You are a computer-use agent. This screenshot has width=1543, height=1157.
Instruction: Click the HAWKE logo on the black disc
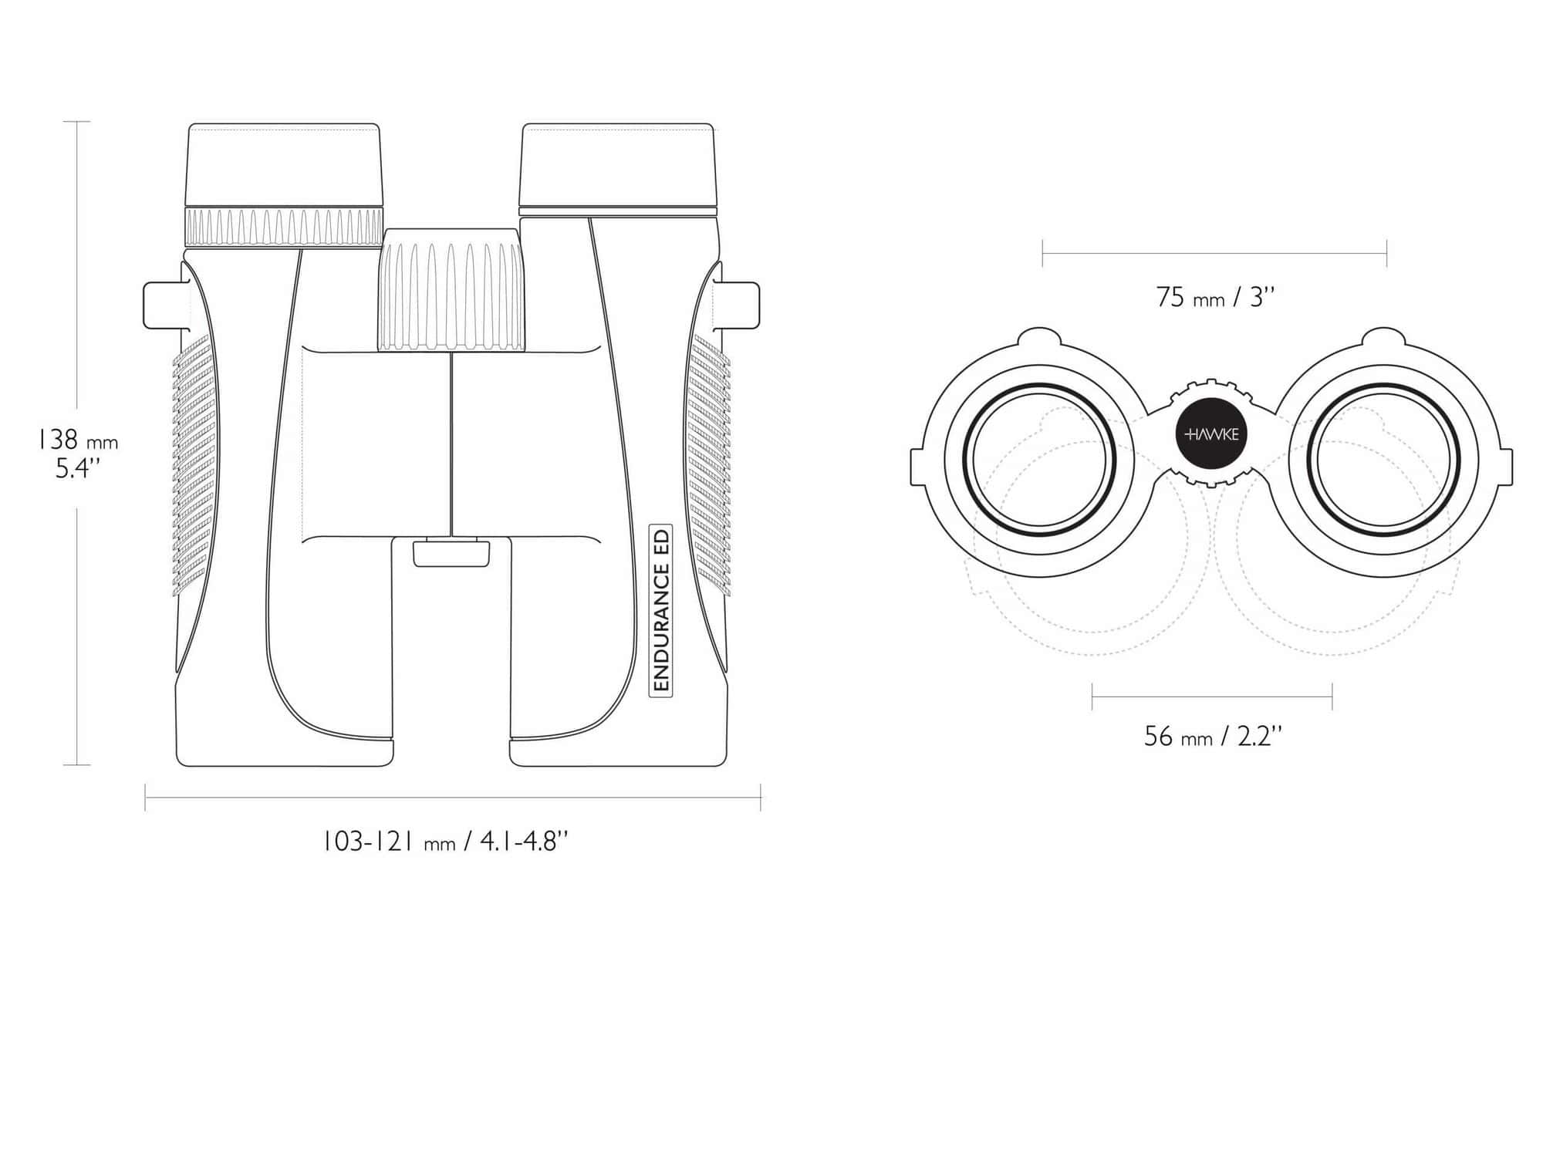pos(1211,434)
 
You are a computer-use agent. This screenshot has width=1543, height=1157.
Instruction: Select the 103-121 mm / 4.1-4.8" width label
pos(445,841)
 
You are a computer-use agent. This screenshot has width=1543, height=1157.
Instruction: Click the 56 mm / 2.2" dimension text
pos(1213,736)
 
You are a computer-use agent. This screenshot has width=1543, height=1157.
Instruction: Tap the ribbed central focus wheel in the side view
pos(451,290)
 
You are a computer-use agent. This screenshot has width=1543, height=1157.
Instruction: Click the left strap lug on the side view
pos(167,305)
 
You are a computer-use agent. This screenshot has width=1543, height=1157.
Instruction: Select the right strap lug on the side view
pos(737,305)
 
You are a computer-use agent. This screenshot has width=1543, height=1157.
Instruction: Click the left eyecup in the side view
pos(285,164)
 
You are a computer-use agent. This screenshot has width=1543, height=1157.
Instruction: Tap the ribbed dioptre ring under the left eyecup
pos(285,228)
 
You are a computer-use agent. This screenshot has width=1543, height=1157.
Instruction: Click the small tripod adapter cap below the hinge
pos(451,554)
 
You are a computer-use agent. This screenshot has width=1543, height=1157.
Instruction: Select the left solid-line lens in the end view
pos(1040,460)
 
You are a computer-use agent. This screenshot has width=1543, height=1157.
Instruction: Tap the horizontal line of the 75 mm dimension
pos(1214,253)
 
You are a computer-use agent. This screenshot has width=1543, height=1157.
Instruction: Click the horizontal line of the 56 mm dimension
pos(1212,697)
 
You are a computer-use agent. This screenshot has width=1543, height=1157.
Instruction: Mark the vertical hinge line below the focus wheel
pos(451,444)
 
